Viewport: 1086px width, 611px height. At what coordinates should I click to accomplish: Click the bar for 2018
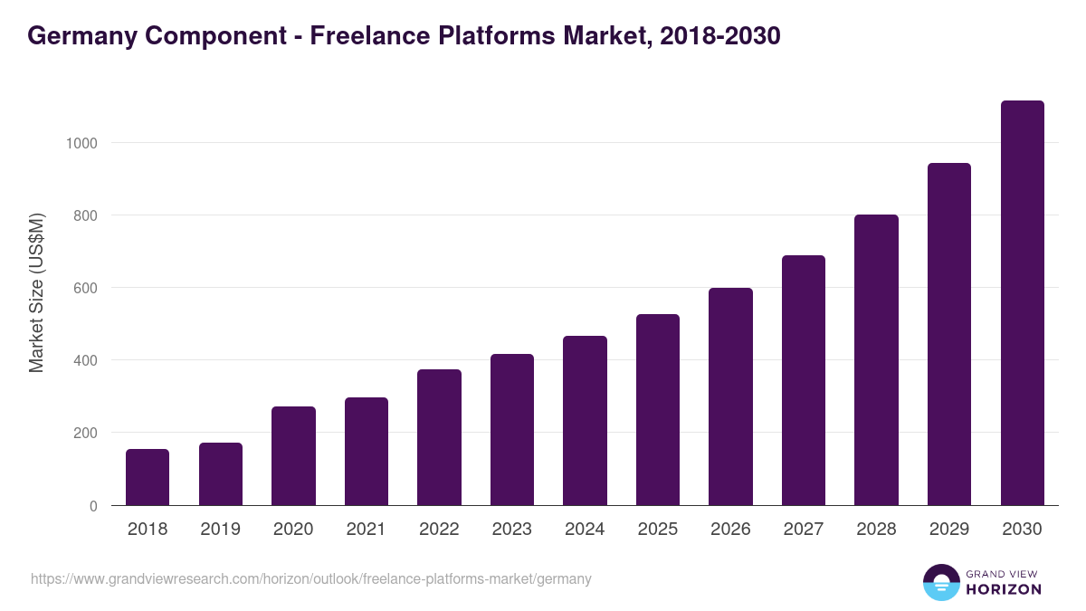148,477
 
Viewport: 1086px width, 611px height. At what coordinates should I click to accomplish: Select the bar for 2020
293,456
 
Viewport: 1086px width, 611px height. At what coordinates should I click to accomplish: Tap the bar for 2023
512,430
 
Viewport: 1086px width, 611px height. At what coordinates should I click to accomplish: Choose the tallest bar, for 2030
1022,303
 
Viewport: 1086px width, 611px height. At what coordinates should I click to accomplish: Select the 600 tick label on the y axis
85,288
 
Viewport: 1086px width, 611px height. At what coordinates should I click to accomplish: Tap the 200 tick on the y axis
85,433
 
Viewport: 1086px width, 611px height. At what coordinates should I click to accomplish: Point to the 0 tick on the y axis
93,506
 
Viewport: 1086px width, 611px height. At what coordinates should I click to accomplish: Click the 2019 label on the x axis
220,530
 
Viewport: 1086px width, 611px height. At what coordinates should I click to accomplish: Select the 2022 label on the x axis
439,530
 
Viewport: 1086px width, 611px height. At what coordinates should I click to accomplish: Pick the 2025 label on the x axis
657,530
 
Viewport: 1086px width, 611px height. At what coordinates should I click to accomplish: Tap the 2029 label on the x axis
948,530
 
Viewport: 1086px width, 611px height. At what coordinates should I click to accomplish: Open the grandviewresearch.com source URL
311,578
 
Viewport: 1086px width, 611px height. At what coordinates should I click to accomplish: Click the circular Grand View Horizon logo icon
940,582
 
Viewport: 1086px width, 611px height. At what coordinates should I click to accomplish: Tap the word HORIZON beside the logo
1004,589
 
